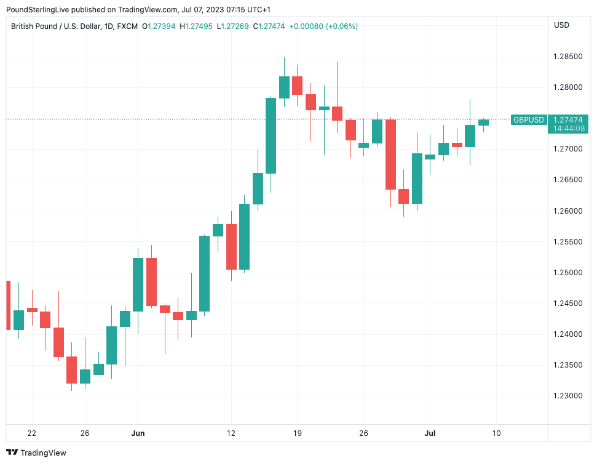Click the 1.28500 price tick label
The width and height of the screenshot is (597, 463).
coord(568,57)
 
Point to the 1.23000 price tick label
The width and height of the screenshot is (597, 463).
coord(568,396)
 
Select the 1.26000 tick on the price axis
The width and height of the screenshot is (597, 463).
coord(568,211)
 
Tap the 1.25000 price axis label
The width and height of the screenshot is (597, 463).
coord(568,273)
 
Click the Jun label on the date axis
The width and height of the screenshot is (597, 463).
coord(138,433)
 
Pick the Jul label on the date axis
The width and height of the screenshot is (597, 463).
coord(430,433)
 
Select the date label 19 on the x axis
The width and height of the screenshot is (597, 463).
coord(297,433)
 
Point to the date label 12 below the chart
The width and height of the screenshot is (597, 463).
coord(231,433)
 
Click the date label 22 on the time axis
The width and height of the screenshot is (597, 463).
coord(32,433)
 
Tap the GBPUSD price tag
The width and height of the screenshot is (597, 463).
coord(528,120)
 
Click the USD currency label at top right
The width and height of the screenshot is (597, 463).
coord(561,25)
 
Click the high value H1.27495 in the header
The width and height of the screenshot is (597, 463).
coord(196,26)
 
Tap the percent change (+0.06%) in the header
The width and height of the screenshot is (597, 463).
coord(342,26)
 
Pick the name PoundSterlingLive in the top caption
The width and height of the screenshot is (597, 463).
coord(38,10)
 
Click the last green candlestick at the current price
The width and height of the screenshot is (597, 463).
coord(483,123)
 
